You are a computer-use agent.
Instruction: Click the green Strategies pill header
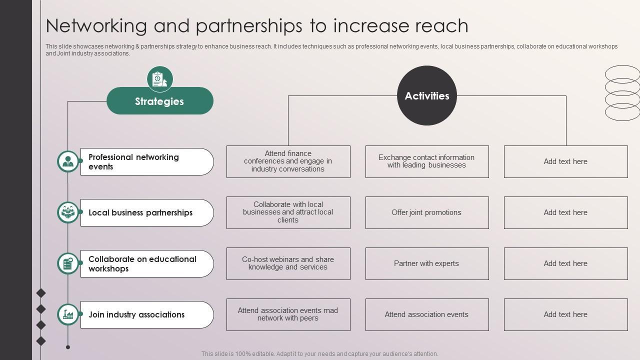tap(159, 101)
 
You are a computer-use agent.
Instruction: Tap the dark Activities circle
tap(426, 95)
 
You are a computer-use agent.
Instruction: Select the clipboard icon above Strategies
tap(159, 79)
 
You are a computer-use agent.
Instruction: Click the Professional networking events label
tap(147, 161)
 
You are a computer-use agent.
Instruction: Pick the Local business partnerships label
tap(147, 212)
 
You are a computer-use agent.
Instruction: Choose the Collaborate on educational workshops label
tap(147, 263)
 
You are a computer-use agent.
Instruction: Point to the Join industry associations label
tap(147, 314)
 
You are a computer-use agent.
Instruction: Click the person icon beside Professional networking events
tap(68, 161)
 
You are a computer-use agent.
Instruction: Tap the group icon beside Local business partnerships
tap(68, 212)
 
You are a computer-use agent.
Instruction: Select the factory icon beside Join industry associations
tap(68, 314)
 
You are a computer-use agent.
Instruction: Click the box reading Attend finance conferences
tap(288, 161)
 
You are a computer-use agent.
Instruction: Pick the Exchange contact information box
tap(426, 161)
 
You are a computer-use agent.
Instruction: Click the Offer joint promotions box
tap(426, 212)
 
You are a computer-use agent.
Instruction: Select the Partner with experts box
tap(426, 263)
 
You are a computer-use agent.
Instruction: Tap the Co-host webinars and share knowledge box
tap(288, 263)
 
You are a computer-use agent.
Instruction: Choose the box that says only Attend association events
tap(426, 314)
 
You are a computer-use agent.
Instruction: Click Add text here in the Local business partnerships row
tap(565, 212)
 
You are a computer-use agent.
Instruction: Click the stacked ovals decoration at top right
tap(622, 93)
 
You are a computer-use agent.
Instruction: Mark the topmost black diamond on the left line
tap(41, 292)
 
